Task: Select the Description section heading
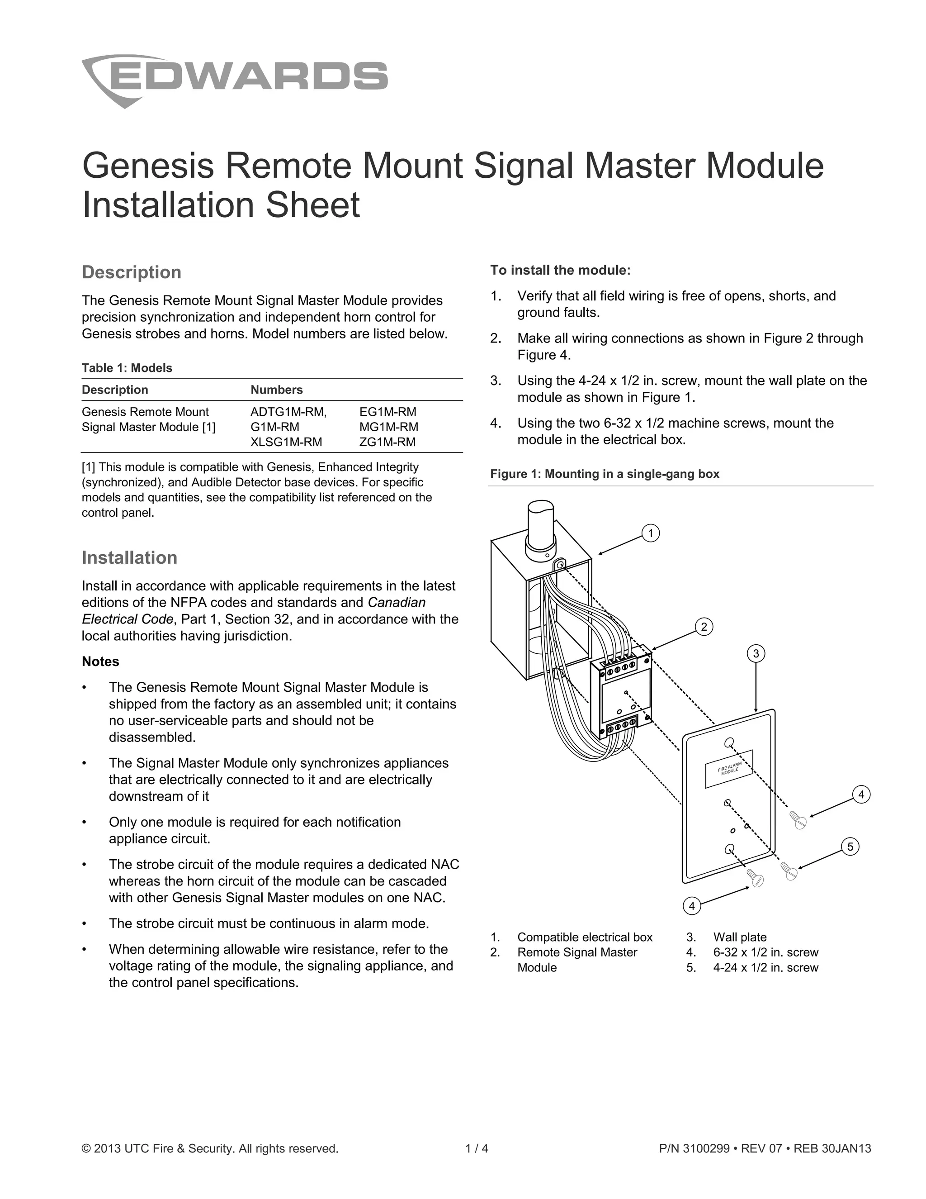click(x=131, y=272)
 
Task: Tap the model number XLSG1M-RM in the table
click(x=286, y=442)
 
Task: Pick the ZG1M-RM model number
click(x=387, y=442)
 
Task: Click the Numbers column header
click(x=276, y=390)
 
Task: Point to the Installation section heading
click(x=129, y=558)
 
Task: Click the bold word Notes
click(x=100, y=661)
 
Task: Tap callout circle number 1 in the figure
click(x=651, y=533)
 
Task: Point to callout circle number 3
click(x=756, y=653)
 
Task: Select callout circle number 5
click(x=850, y=847)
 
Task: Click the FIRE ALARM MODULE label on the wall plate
click(x=728, y=769)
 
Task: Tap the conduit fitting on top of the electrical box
click(x=541, y=529)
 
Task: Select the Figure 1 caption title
click(x=605, y=474)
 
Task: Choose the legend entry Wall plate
click(x=739, y=937)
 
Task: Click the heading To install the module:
click(x=560, y=270)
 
